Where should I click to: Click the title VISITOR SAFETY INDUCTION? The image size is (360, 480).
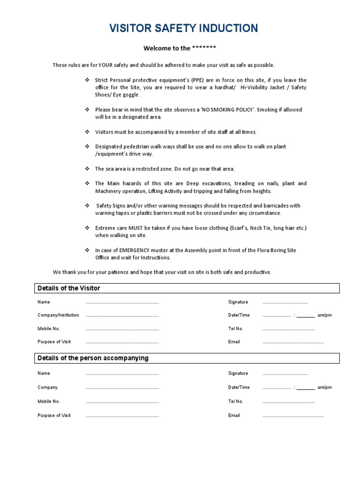tap(183, 29)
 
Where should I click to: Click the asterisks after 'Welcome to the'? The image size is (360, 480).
tap(204, 48)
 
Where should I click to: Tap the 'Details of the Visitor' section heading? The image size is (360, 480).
tap(69, 288)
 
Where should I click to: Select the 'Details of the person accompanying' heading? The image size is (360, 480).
tap(93, 358)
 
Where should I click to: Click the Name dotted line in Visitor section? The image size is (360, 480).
tap(122, 303)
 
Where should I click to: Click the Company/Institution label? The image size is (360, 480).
tap(58, 315)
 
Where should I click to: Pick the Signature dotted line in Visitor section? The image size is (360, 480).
tap(285, 303)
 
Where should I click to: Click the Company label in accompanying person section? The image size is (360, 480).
tap(48, 387)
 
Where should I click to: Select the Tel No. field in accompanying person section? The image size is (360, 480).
tap(288, 402)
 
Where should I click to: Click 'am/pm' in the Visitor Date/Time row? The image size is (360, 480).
tap(324, 315)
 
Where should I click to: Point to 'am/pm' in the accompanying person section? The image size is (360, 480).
tap(324, 387)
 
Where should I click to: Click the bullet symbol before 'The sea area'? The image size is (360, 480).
tap(87, 169)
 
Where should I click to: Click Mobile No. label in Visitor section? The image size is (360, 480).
tap(49, 329)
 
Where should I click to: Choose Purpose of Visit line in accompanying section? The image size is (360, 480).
tap(122, 416)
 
